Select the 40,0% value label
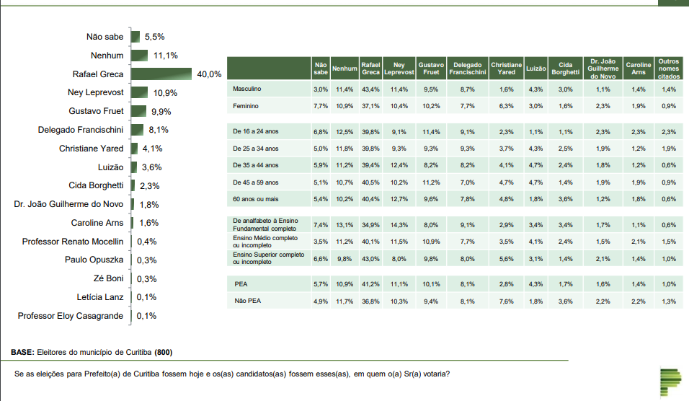coord(209,74)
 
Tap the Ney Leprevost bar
coord(139,93)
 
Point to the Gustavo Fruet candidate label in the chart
coord(96,112)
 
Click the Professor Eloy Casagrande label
coord(71,316)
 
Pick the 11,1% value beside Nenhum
coord(166,56)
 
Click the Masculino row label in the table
coord(247,89)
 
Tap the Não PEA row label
coord(246,301)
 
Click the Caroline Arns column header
coord(638,68)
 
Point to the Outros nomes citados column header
coord(668,68)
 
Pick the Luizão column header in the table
coord(535,69)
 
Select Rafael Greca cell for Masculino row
coord(370,89)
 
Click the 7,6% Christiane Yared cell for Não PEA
coord(506,301)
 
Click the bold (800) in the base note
coord(164,353)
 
